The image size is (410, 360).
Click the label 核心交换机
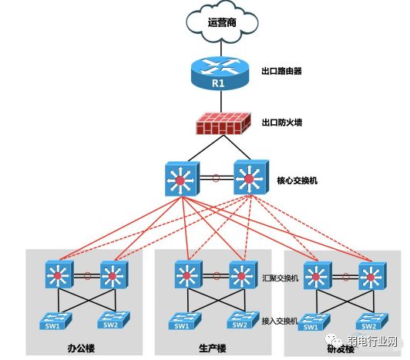pyautogui.click(x=297, y=182)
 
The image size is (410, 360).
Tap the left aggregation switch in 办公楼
pyautogui.click(x=59, y=274)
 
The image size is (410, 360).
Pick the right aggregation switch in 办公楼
pyautogui.click(x=113, y=274)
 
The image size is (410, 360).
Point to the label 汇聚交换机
pyautogui.click(x=281, y=278)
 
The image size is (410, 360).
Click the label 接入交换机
pyautogui.click(x=281, y=318)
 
